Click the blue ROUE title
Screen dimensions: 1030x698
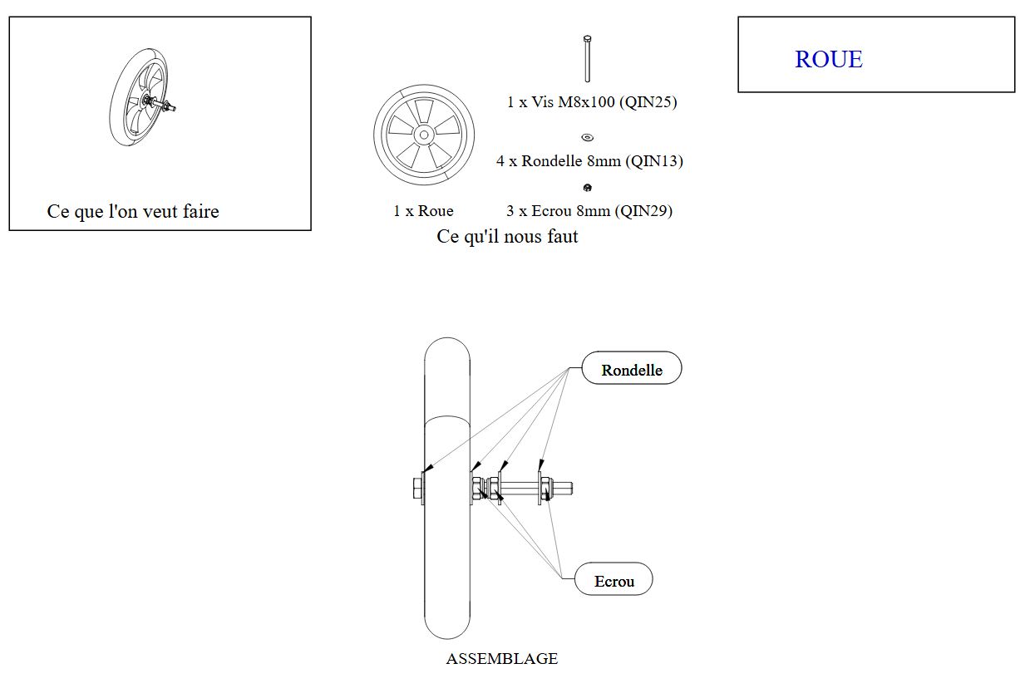click(829, 59)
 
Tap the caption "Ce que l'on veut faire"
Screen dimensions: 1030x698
click(133, 211)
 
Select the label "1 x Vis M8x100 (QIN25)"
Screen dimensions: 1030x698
click(592, 102)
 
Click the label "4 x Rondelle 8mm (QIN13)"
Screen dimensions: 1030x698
click(589, 161)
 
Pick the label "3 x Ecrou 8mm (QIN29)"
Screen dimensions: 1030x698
click(589, 211)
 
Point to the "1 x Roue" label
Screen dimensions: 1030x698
click(423, 211)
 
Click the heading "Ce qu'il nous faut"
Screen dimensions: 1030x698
click(507, 236)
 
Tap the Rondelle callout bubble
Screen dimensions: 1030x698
click(632, 368)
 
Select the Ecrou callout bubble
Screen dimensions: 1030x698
click(614, 579)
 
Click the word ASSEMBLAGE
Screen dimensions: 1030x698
click(501, 658)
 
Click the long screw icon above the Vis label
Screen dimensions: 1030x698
click(587, 59)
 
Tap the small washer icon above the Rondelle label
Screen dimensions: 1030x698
click(588, 137)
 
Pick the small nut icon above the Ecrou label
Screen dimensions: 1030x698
click(587, 187)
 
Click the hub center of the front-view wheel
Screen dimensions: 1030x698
click(424, 135)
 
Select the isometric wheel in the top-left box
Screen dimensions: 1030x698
click(140, 97)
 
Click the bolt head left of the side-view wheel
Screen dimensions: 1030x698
click(417, 488)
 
